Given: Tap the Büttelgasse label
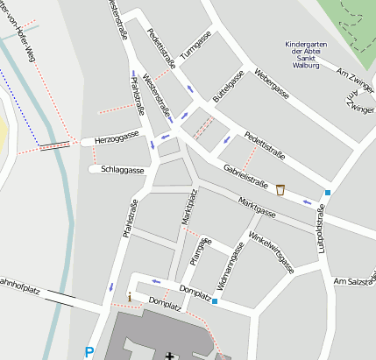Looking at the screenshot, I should [x=228, y=88].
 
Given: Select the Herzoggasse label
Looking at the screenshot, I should [x=117, y=138].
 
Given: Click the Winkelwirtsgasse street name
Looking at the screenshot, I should [x=272, y=251].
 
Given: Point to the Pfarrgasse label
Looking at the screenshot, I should [x=197, y=251].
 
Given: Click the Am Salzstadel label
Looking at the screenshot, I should [x=355, y=279].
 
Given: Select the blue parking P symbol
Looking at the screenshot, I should [x=89, y=352].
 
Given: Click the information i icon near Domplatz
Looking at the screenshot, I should [x=130, y=298].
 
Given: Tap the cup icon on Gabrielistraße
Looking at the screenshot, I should [x=280, y=189].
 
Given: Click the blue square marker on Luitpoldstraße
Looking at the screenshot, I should [x=328, y=193].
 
